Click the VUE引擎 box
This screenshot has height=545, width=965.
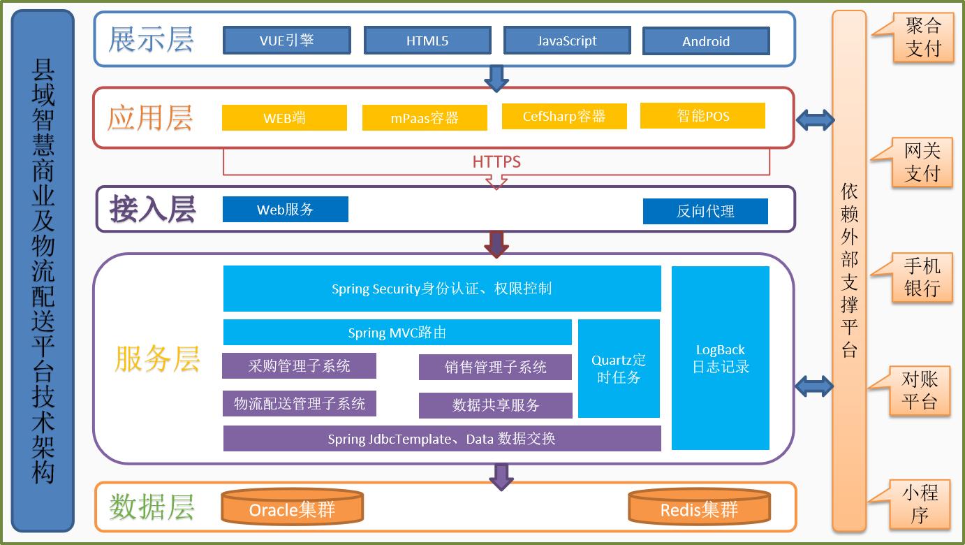286,41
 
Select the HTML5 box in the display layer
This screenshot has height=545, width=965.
427,41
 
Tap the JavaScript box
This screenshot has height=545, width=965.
567,41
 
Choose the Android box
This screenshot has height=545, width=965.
706,41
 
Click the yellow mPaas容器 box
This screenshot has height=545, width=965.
425,118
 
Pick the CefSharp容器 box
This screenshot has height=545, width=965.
564,117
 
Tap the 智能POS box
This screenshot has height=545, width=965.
702,116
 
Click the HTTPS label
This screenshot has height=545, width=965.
496,162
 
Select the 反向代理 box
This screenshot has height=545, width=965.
705,211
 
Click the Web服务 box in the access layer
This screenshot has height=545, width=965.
285,210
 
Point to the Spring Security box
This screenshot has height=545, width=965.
442,289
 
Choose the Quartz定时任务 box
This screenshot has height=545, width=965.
619,368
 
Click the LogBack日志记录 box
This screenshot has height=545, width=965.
721,358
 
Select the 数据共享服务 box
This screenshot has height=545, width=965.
496,405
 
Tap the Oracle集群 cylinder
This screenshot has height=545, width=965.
292,509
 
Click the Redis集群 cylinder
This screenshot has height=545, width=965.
700,509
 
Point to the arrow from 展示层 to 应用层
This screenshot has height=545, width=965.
496,78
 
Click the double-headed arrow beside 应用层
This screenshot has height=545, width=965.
814,120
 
